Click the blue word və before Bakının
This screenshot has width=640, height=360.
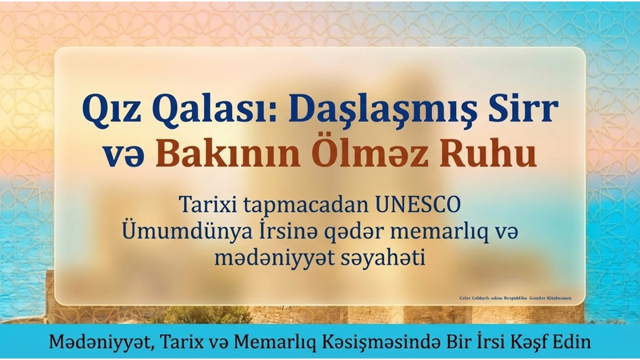(123, 156)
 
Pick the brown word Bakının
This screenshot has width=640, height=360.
(228, 154)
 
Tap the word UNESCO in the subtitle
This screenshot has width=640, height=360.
(418, 205)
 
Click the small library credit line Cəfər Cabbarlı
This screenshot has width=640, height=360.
(515, 298)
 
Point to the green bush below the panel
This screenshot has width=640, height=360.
(207, 315)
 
